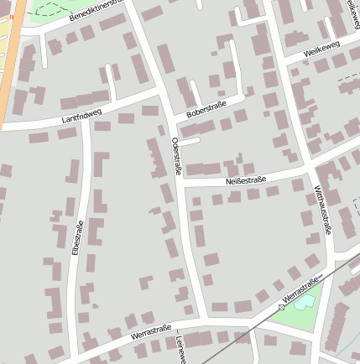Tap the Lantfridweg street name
[x=81, y=116]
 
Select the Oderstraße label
[x=176, y=156]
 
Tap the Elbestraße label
[x=76, y=237]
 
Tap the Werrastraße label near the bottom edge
[x=151, y=331]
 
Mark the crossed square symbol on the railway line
[x=281, y=307]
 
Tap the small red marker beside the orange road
[x=11, y=16]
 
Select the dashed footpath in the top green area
[x=50, y=10]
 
